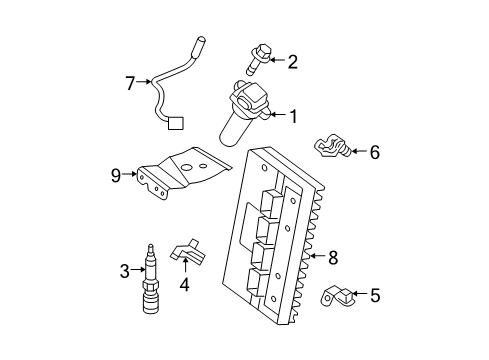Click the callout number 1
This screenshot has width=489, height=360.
pyautogui.click(x=293, y=117)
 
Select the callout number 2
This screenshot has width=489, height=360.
pyautogui.click(x=292, y=62)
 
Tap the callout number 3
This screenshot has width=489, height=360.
pyautogui.click(x=125, y=269)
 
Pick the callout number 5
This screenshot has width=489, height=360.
pyautogui.click(x=374, y=295)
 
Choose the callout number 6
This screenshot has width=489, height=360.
pyautogui.click(x=375, y=152)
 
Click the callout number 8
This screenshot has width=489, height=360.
pyautogui.click(x=333, y=257)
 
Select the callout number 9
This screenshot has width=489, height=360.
pyautogui.click(x=116, y=176)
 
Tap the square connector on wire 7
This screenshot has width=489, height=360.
pyautogui.click(x=176, y=125)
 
